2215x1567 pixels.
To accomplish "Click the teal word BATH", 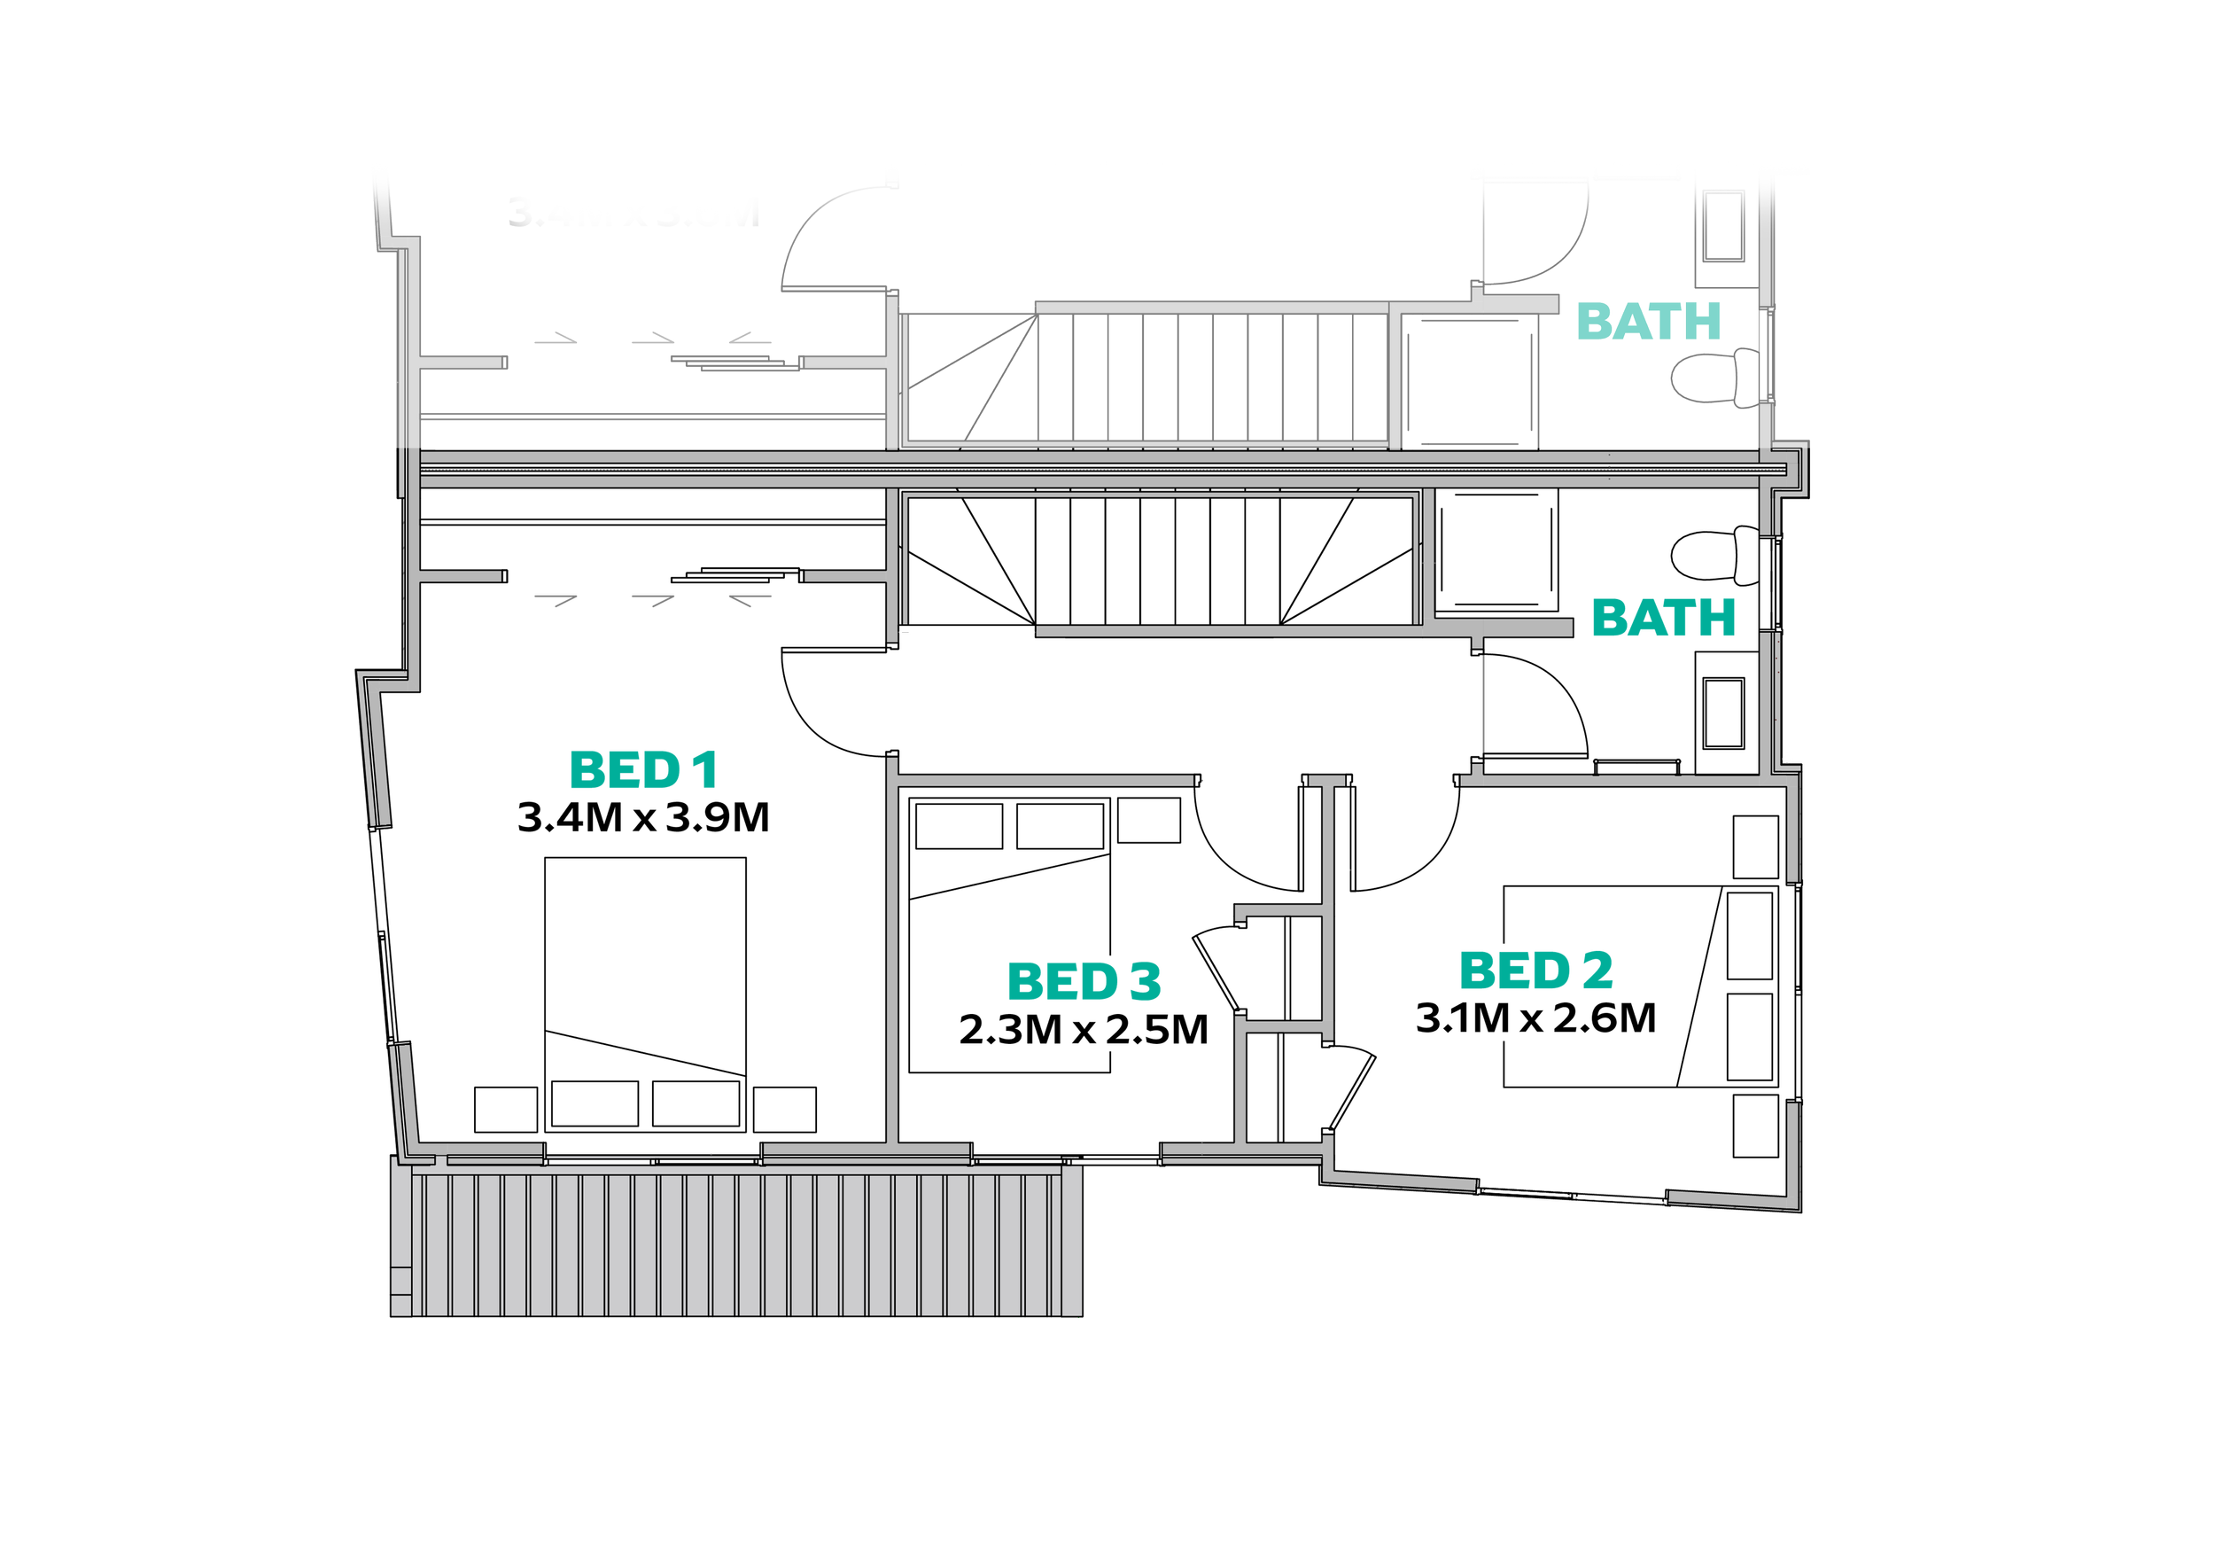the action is pyautogui.click(x=1644, y=323).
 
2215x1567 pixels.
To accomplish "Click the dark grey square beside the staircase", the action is pyautogui.click(x=1469, y=371).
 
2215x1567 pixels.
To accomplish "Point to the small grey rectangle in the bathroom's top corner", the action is pyautogui.click(x=1723, y=225).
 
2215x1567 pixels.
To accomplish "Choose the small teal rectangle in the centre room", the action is pyautogui.click(x=1086, y=986).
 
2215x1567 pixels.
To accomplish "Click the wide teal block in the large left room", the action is pyautogui.click(x=724, y=774).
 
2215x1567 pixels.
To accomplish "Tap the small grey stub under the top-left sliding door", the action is pyautogui.click(x=693, y=382).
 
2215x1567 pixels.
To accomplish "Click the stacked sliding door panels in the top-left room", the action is pyautogui.click(x=724, y=360).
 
